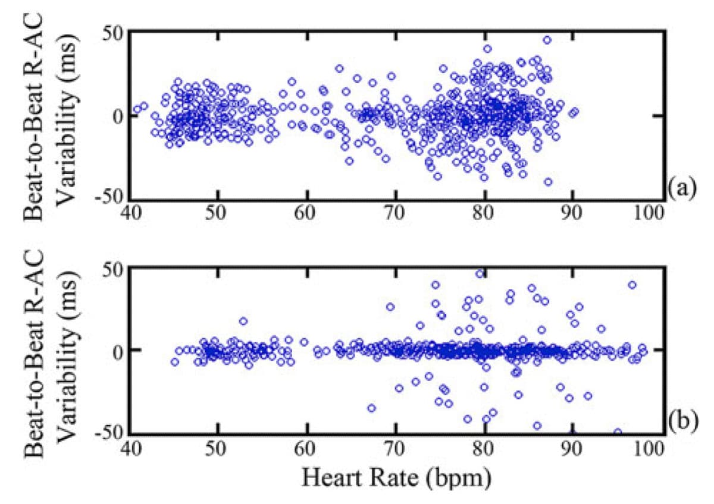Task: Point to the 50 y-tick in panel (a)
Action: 112,33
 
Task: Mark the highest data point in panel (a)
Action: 547,40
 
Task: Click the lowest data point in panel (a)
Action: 548,182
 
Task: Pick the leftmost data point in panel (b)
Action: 174,361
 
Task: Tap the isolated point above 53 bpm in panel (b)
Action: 243,321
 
